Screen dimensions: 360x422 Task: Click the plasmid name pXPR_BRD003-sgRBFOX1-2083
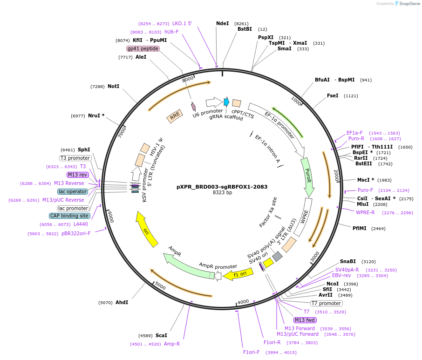222,187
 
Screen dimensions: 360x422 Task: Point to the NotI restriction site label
113,87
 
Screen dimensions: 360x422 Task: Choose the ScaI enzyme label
161,335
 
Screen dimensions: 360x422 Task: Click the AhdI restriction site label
122,302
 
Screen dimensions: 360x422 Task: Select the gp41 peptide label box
143,49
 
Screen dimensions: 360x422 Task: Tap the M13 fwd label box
305,320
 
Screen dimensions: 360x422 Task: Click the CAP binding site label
69,216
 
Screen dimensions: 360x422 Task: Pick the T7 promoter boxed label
326,303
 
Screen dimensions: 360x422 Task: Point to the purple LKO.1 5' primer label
182,23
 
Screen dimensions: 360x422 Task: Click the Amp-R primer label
172,344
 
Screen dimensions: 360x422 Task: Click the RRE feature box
175,116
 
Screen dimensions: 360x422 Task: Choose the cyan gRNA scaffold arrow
226,102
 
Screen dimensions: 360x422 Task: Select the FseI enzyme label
333,95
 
